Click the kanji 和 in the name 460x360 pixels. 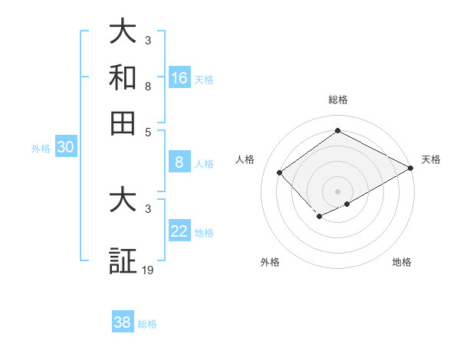coord(123,78)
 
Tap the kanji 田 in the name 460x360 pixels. coord(123,123)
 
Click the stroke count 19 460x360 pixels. coord(149,270)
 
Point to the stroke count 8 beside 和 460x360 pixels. coord(148,87)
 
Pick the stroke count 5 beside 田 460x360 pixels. coord(148,131)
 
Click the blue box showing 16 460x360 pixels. coord(179,78)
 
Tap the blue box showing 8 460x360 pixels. coord(179,162)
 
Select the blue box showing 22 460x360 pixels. coord(179,231)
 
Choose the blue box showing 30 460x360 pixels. coord(65,148)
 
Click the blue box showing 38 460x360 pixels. coord(123,322)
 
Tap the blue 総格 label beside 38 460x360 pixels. coord(147,324)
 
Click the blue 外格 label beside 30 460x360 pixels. coord(41,149)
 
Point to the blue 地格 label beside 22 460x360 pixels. coord(205,233)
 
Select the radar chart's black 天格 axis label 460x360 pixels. coord(431,159)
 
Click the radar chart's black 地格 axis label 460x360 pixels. coord(402,262)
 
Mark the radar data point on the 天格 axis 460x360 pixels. coord(411,169)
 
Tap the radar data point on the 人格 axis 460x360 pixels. coord(280,172)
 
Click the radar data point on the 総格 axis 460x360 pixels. coord(337,130)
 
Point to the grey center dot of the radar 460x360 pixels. coord(337,191)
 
